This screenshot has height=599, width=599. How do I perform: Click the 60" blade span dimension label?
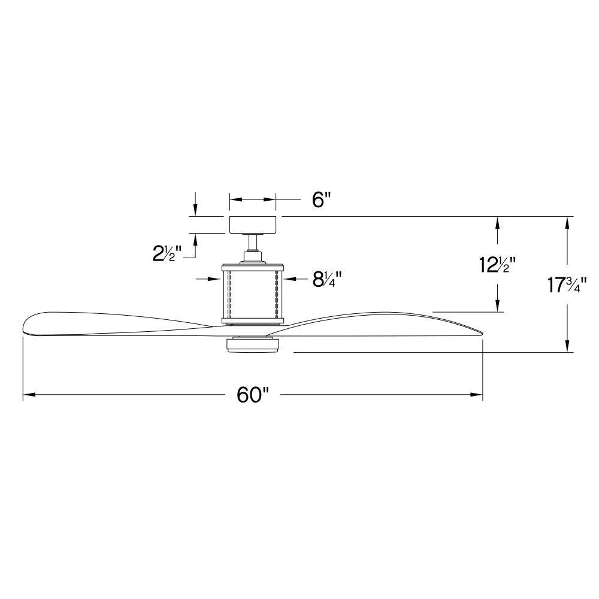click(x=253, y=395)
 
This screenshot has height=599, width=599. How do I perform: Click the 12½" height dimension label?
click(x=498, y=265)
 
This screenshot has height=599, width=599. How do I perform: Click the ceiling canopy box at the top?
click(x=253, y=225)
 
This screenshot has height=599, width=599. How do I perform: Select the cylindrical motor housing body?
click(x=253, y=294)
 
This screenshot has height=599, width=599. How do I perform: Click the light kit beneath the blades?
click(x=253, y=344)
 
